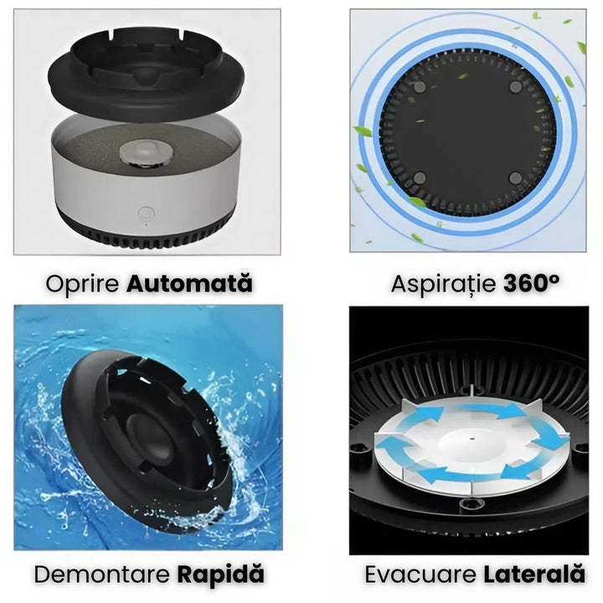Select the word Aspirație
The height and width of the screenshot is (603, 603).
click(x=445, y=283)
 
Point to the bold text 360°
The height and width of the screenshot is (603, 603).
click(x=531, y=283)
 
